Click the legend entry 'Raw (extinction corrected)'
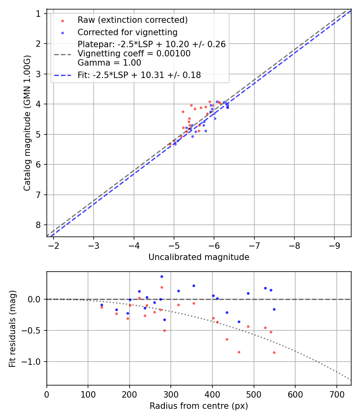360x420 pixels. coord(132,20)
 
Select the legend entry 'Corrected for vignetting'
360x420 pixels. coord(127,32)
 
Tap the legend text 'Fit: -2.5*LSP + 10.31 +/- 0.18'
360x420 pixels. coord(139,75)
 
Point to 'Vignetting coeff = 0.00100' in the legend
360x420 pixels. coord(134,54)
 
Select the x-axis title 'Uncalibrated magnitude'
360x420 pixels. coord(199,257)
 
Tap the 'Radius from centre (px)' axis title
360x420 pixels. coord(199,406)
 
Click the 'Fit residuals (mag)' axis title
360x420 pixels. coord(12,328)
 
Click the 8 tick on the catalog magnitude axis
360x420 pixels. coord(38,225)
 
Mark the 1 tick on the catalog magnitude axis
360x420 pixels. coord(38,14)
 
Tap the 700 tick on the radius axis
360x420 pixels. coord(336,394)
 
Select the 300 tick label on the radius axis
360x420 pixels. coord(171,394)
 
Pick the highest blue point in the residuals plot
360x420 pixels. coord(162,276)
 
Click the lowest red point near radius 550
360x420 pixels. coord(274,352)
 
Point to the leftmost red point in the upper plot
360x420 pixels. coord(170,144)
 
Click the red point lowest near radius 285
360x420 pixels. coord(164,330)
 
